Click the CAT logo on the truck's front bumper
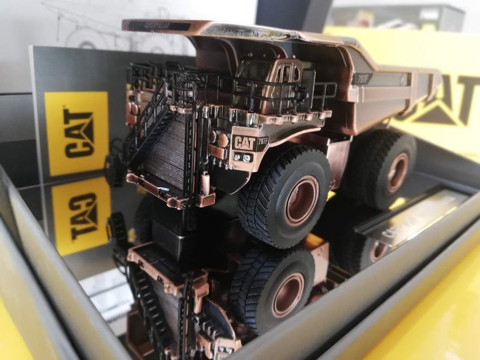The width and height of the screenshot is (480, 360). pos(245,143)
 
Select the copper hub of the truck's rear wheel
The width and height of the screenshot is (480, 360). pos(398,172)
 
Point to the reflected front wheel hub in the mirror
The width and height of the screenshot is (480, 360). pos(287,294)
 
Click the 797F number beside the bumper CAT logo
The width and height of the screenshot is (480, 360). pos(263,141)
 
